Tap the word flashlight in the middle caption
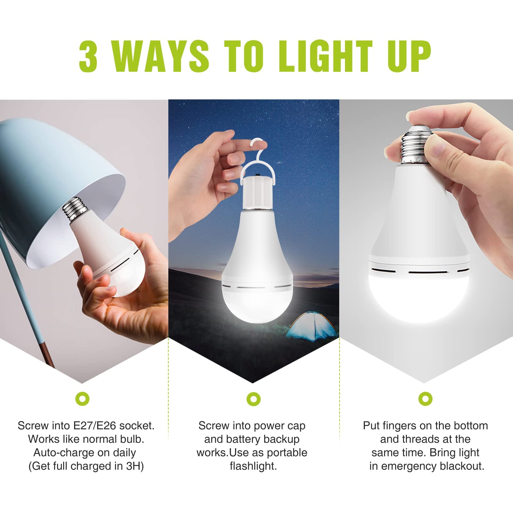click(x=253, y=466)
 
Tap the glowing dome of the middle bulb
click(x=253, y=305)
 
